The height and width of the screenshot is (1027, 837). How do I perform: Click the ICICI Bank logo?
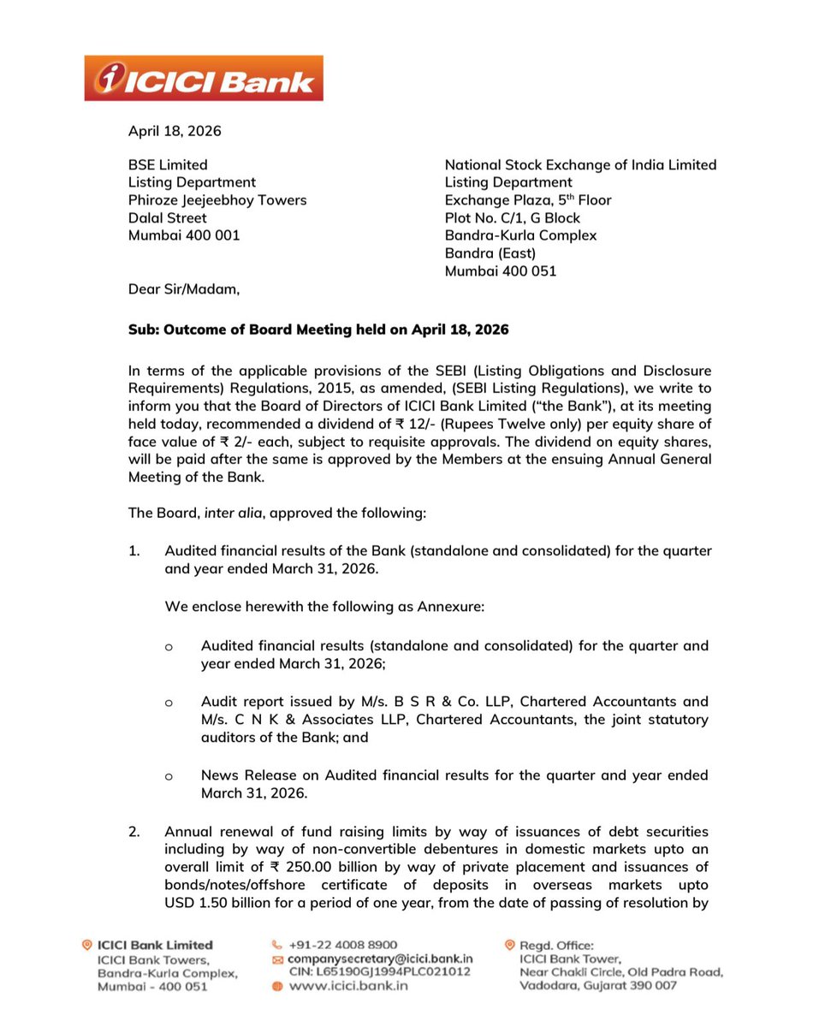(204, 78)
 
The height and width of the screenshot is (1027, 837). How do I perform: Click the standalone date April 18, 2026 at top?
(175, 131)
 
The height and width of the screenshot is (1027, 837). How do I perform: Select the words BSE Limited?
(168, 164)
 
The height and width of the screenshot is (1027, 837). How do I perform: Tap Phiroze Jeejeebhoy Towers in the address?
(217, 200)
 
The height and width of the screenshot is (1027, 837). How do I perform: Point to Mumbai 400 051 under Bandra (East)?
(501, 270)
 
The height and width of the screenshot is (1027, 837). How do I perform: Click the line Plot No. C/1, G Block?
(513, 217)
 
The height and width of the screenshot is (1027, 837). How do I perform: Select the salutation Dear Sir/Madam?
(184, 289)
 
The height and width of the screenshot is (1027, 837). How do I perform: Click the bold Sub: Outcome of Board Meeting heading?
(318, 329)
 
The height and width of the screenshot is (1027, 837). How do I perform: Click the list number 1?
(134, 551)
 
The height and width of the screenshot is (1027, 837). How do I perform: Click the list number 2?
(134, 832)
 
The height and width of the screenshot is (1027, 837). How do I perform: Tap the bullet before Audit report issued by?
(169, 702)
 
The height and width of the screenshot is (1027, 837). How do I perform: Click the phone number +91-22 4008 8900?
(343, 945)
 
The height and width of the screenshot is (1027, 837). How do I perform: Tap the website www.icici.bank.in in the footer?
(347, 986)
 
